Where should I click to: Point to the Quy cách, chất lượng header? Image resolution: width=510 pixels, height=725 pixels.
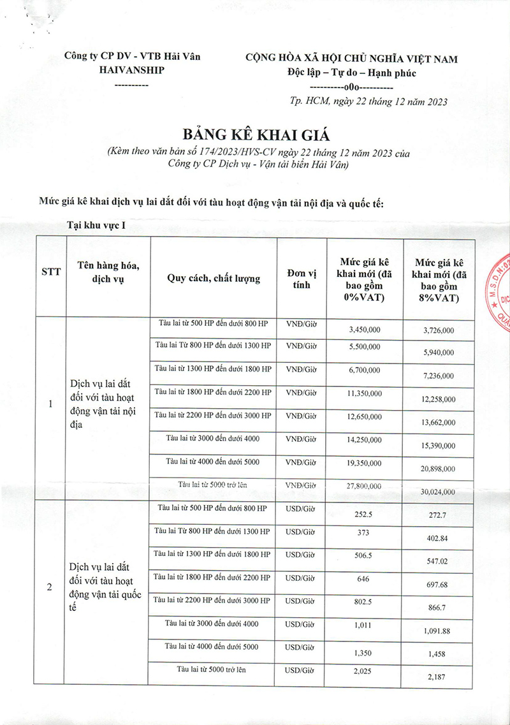(x=214, y=278)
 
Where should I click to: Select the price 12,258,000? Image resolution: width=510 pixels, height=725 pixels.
(x=439, y=399)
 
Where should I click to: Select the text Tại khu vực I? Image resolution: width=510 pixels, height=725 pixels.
(x=100, y=225)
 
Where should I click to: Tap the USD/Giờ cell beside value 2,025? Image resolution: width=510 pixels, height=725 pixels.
(x=301, y=670)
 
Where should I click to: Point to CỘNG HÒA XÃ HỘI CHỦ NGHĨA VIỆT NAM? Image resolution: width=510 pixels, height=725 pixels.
(x=352, y=59)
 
